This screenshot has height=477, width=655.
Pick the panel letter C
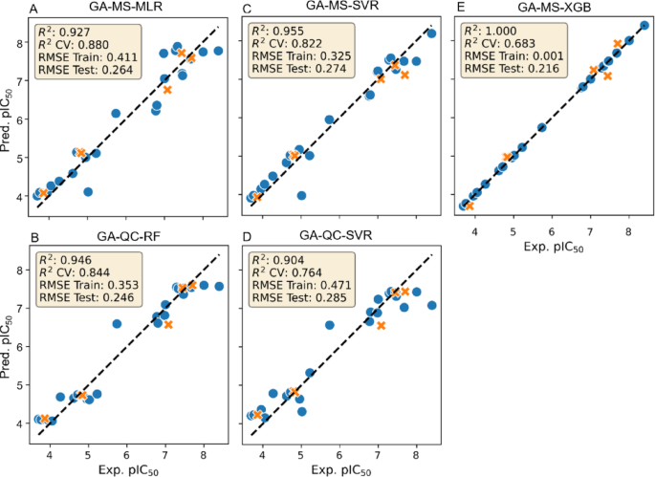coord(247,9)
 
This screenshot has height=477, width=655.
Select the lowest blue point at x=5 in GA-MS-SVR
coord(302,195)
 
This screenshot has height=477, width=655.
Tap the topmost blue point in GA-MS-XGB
coord(644,26)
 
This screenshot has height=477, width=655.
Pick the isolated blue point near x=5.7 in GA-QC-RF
coord(117,324)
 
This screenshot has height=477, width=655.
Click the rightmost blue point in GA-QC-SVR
coord(431,306)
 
